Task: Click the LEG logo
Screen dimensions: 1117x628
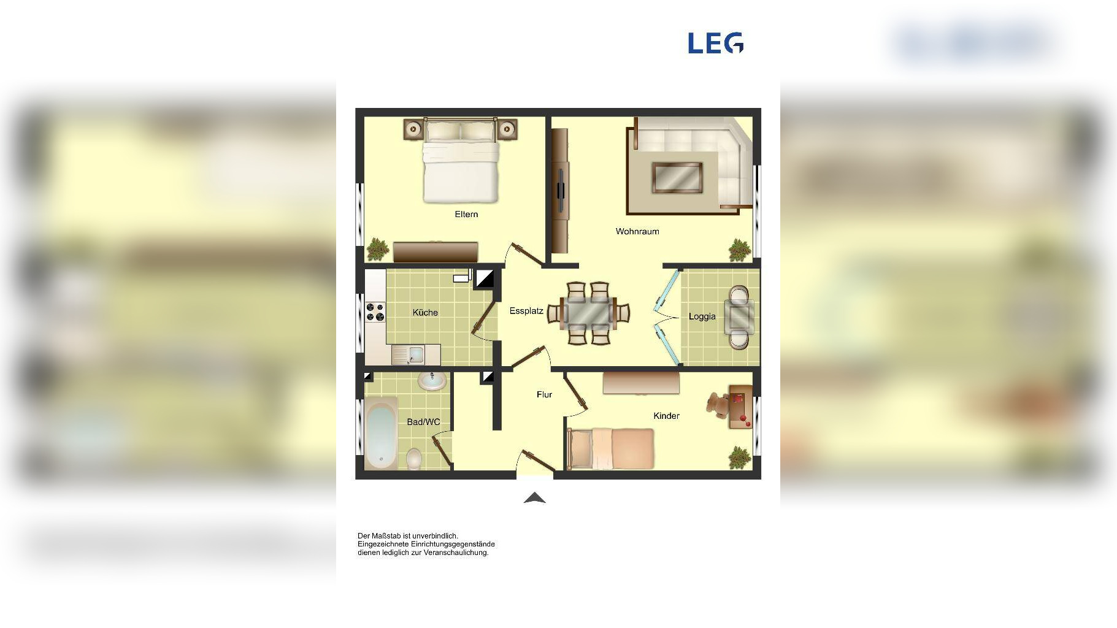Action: (x=716, y=43)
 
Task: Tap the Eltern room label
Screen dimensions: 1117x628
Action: (x=466, y=214)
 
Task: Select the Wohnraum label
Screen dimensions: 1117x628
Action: (x=637, y=231)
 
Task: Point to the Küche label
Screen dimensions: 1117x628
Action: (x=425, y=312)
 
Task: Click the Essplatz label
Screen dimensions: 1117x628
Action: (x=526, y=311)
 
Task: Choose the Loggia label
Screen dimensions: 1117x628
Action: (x=702, y=316)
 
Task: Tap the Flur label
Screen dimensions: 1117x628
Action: (x=544, y=394)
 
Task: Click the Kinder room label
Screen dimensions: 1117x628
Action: (x=666, y=416)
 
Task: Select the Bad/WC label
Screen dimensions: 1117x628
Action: (x=423, y=422)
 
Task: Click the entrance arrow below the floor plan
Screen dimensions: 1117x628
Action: (x=535, y=498)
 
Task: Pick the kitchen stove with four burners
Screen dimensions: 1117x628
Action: (x=375, y=312)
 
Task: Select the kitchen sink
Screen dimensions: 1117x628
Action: (x=409, y=354)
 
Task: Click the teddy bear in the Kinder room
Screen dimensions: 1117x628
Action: (x=717, y=404)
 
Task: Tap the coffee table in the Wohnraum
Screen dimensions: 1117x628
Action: (x=677, y=178)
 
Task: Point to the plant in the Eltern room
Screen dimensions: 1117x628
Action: (x=377, y=250)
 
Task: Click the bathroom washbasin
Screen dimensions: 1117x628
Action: (x=432, y=381)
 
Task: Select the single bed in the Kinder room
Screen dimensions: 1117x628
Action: (x=610, y=448)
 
